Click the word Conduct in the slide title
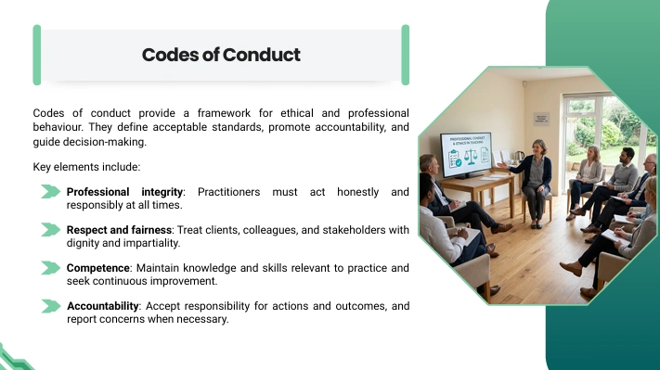coord(262,55)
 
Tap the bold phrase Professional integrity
coord(124,192)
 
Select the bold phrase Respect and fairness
coord(119,230)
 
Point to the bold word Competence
coord(98,268)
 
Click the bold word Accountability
coord(103,306)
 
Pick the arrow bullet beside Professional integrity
coord(51,192)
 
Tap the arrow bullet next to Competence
coord(51,268)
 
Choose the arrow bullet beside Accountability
coord(51,306)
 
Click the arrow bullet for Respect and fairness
coord(51,230)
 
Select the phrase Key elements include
coord(86,167)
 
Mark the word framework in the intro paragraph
coord(224,113)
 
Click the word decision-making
coord(104,142)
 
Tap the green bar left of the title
coord(37,55)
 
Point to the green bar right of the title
coord(406,55)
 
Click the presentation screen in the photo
coord(466,154)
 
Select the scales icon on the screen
coord(471,157)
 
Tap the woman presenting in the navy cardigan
coord(534,183)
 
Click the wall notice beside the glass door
coord(541,119)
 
